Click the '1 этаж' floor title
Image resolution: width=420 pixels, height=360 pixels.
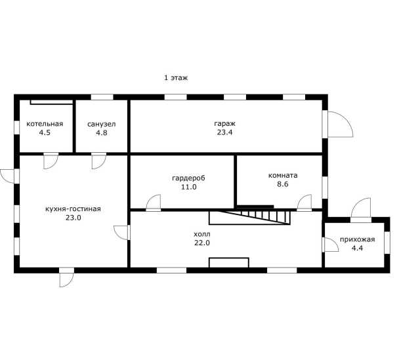pos(176,78)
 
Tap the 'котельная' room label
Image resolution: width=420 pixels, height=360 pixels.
pos(45,124)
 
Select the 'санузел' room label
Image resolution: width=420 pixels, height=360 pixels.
pos(102,124)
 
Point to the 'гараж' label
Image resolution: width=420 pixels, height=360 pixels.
pos(224,124)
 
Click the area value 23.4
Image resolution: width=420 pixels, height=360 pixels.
pos(224,132)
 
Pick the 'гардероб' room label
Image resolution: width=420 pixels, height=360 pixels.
pos(188,178)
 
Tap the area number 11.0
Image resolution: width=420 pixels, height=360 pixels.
pos(189,187)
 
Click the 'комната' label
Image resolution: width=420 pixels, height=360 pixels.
pos(283,175)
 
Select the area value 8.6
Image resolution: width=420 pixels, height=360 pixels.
pos(283,184)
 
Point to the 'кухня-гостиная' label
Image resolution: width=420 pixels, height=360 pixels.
pos(73,209)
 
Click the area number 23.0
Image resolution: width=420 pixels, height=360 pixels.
pos(73,218)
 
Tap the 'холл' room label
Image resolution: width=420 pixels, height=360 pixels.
pos(202,234)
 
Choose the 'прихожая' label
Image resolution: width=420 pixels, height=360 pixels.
pos(357,239)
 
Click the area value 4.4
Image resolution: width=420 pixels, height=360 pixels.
pos(357,248)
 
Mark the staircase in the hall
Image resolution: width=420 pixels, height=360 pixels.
pos(249,218)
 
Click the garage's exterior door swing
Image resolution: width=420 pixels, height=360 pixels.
pos(346,119)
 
